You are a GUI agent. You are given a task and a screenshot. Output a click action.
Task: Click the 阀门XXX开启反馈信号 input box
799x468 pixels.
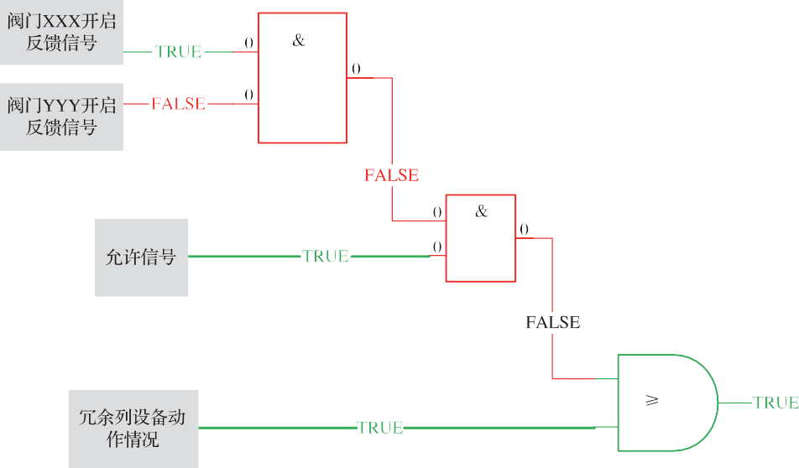point(61,33)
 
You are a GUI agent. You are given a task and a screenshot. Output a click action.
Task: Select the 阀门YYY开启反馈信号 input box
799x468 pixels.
point(61,117)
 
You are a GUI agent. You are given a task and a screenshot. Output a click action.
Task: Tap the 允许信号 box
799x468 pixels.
point(141,257)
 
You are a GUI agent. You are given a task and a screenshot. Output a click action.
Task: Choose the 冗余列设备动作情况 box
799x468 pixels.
point(133,429)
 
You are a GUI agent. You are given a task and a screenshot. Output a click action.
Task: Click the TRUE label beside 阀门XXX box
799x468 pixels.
point(179,52)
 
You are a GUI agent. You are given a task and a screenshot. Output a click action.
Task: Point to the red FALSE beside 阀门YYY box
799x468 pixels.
point(178,104)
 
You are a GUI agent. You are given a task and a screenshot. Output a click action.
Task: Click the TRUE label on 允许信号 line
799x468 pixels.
point(326,257)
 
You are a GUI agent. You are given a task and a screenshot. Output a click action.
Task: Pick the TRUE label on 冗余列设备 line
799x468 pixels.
point(380,428)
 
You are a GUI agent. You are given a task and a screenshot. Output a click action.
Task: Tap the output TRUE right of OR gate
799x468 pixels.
point(775,403)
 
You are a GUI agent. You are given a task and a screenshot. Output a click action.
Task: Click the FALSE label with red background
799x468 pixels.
point(391,175)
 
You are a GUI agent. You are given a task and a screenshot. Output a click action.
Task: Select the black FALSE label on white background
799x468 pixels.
point(552,322)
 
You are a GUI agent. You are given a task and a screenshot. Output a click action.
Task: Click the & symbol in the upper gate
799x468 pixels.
point(300,40)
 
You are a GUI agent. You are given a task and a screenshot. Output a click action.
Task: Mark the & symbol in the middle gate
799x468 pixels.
point(481,211)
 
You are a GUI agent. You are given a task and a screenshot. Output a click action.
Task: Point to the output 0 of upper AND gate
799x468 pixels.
point(356,69)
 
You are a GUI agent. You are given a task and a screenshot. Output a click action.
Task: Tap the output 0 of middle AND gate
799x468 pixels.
point(524,230)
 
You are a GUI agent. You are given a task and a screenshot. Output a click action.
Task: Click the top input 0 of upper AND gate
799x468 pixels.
point(249,43)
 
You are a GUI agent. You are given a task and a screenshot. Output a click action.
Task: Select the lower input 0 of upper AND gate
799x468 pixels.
point(249,95)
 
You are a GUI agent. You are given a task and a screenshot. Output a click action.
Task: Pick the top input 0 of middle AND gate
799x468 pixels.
point(437,212)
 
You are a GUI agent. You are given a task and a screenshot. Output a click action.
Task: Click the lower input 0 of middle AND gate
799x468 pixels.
point(437,247)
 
